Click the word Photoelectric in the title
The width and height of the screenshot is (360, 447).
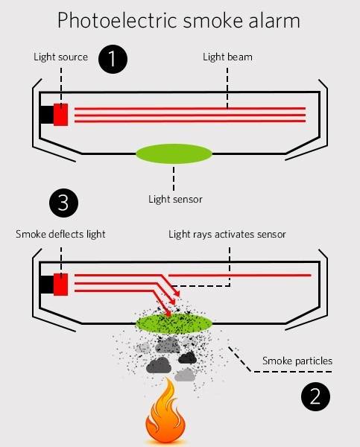click(x=118, y=20)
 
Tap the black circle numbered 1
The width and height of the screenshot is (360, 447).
click(x=113, y=59)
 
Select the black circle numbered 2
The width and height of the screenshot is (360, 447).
click(x=315, y=396)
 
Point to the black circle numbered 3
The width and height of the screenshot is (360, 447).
click(x=63, y=203)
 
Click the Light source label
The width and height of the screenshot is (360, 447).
click(x=61, y=57)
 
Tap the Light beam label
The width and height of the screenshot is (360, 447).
click(x=227, y=57)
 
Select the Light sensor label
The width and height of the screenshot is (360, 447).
click(x=175, y=199)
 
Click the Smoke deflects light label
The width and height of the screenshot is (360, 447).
click(x=60, y=234)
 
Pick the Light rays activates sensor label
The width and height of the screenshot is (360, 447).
click(x=227, y=235)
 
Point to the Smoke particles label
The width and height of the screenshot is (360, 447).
click(x=297, y=361)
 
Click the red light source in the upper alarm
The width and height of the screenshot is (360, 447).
click(x=61, y=115)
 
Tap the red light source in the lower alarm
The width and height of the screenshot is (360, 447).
click(x=61, y=285)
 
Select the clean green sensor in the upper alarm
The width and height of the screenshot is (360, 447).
click(x=174, y=153)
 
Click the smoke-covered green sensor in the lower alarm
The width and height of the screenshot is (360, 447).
click(x=174, y=323)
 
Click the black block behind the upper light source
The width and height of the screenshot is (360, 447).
click(x=46, y=115)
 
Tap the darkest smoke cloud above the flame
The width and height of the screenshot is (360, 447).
click(x=187, y=358)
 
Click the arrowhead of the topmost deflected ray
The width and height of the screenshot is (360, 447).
click(x=177, y=293)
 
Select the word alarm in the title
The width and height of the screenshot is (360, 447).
click(x=274, y=20)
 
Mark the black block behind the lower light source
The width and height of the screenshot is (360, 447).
click(x=46, y=285)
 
